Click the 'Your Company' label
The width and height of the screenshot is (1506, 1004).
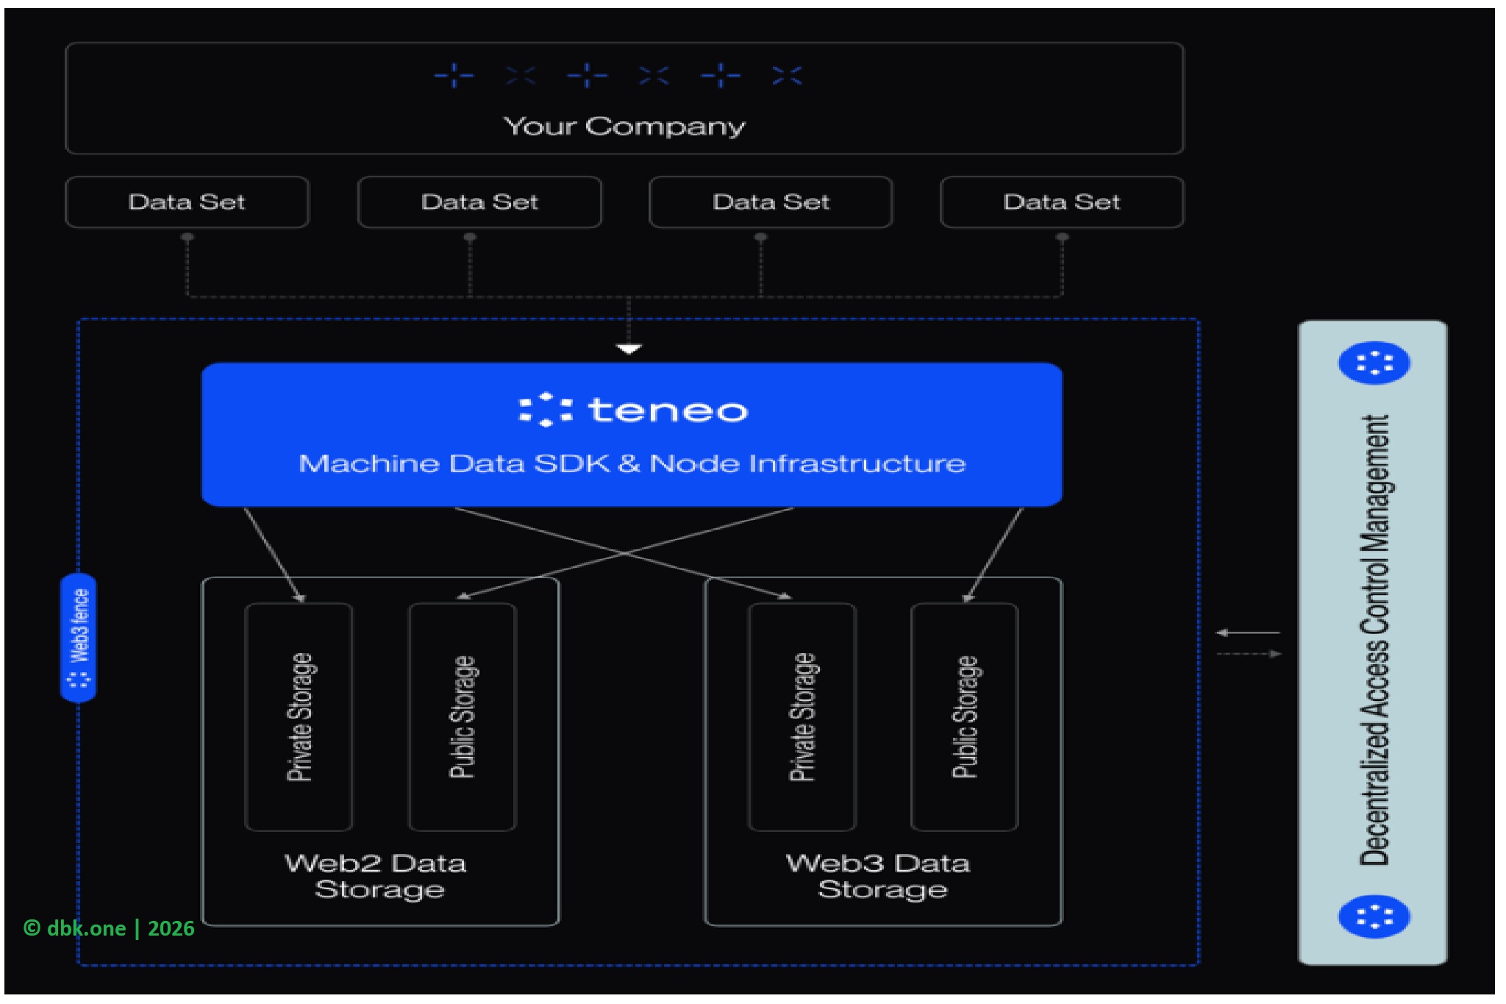coord(624,127)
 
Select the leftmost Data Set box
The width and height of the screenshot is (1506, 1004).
coord(187,202)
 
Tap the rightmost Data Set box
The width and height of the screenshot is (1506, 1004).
coord(1061,202)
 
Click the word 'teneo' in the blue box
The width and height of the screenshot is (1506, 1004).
coord(668,410)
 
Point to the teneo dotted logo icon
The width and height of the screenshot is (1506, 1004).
coord(545,410)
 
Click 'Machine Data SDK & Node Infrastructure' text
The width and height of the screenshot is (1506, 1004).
coord(632,464)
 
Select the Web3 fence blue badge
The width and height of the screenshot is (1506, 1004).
coord(79,638)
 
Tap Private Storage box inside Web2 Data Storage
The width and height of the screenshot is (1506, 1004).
coord(299,716)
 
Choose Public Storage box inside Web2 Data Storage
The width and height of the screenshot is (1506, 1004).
coord(463,716)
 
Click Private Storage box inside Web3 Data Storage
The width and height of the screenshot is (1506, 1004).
coord(802,716)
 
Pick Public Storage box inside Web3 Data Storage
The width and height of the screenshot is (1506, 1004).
coord(965,716)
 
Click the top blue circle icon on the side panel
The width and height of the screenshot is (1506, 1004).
coord(1374,363)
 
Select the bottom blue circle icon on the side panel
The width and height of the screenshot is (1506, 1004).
coord(1374,917)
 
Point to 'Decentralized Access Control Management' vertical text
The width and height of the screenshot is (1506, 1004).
coord(1374,640)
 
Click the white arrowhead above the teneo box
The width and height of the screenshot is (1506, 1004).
coord(629,349)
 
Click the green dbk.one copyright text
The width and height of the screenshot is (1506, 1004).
coord(109,928)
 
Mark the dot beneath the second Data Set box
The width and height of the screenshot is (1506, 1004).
coord(470,238)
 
